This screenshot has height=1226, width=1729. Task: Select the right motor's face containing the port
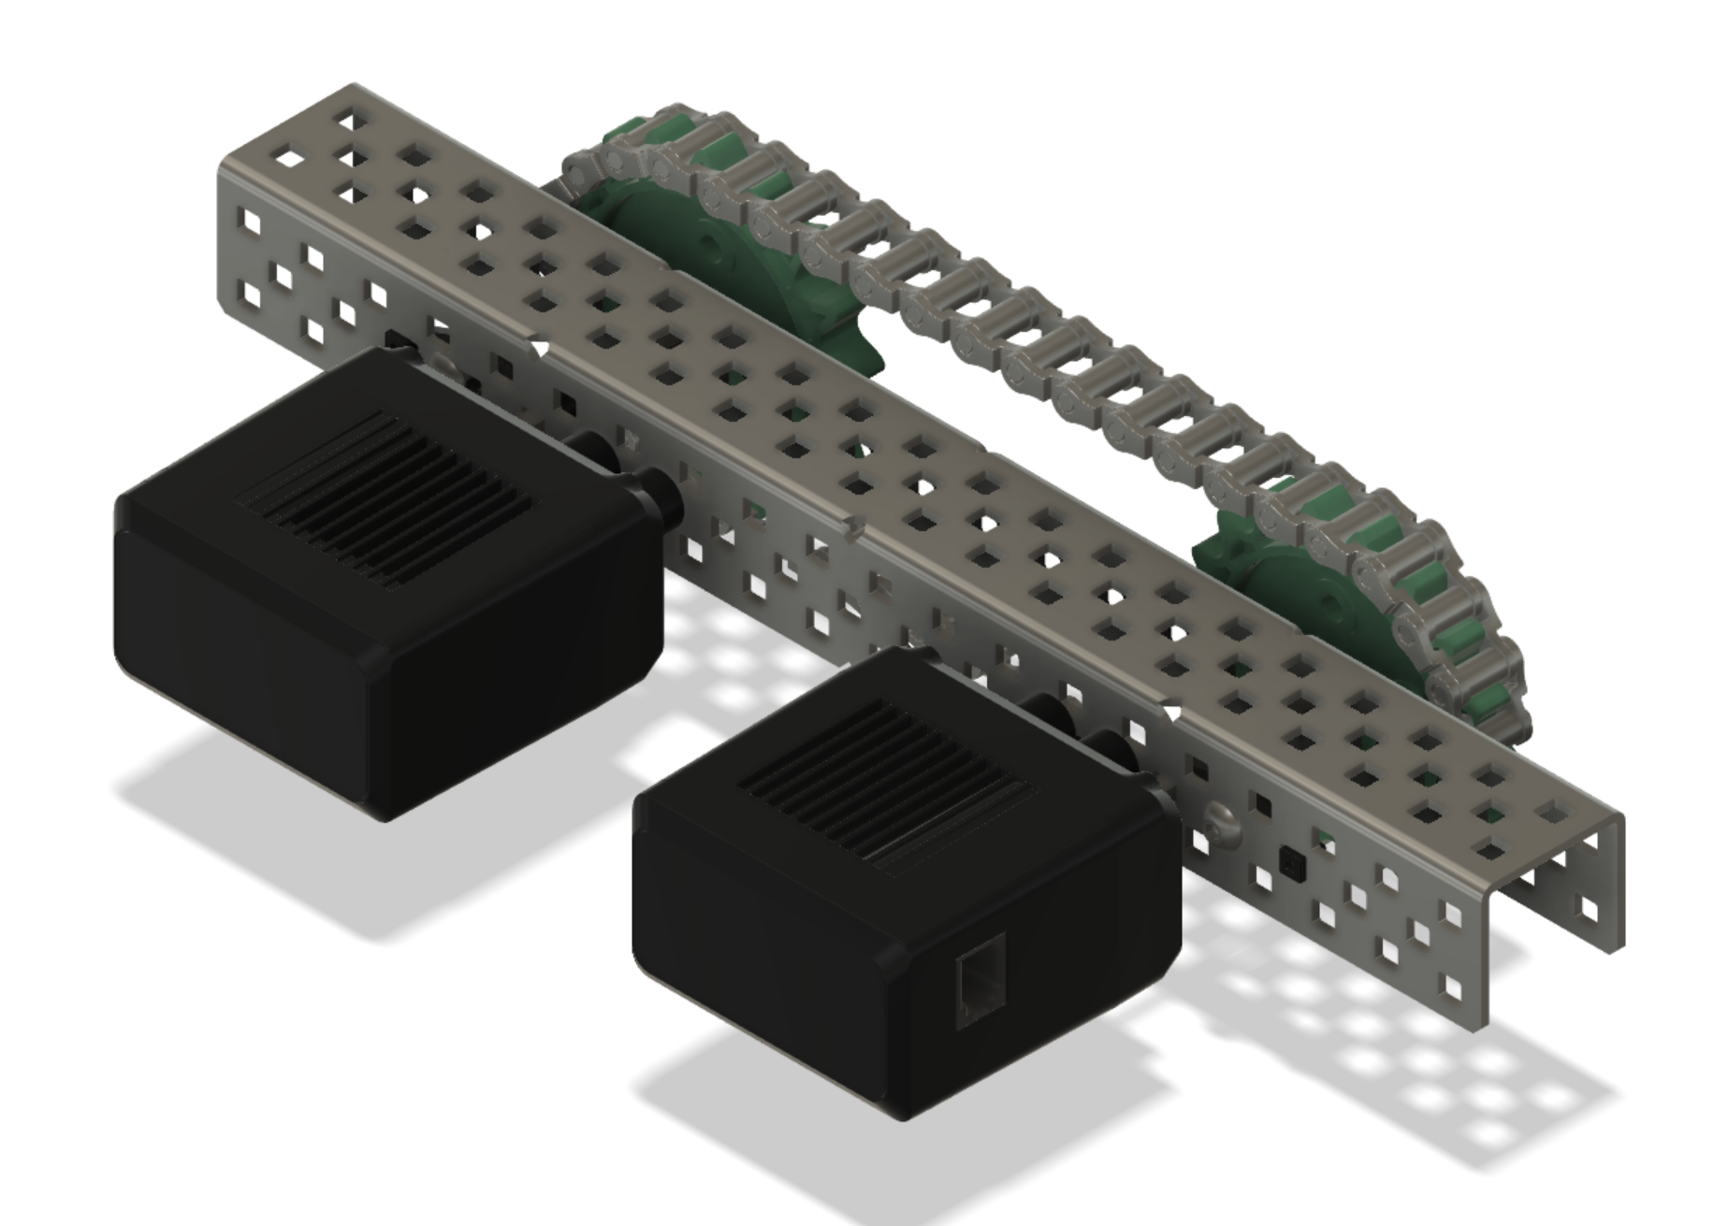point(1029,973)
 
